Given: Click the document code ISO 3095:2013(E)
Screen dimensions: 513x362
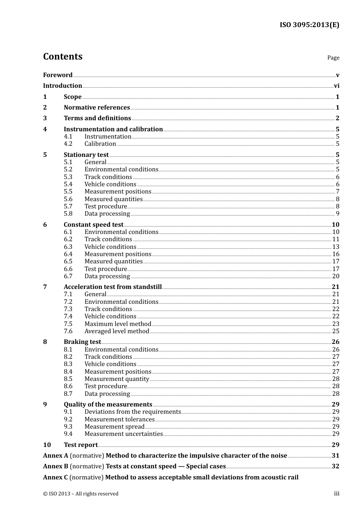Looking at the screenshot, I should coord(309,25).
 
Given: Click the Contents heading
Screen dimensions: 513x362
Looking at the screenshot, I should coord(62,56).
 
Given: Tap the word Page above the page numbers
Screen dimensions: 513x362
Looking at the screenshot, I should coord(333,58).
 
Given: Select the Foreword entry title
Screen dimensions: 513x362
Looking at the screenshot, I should coord(58,75).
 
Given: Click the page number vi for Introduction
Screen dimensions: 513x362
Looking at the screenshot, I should coord(336,86).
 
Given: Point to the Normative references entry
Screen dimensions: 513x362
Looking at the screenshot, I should coord(97,108).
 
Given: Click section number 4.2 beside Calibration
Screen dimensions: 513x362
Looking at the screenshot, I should coord(68,144).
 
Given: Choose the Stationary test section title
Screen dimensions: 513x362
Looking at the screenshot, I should coord(86,155).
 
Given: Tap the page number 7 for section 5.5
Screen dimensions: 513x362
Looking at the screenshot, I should coord(338,192).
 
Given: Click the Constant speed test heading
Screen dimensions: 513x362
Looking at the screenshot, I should coord(93,225).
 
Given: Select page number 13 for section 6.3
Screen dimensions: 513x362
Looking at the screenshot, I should coord(336,247).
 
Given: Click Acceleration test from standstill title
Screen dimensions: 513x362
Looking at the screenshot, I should coord(112,287).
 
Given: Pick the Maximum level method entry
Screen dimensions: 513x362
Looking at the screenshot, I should coord(118,324).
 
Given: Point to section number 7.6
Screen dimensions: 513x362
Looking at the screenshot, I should coord(68,331).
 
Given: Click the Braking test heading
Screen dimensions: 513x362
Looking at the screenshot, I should coord(82,342).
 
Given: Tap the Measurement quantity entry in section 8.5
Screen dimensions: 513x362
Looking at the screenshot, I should coord(117,379).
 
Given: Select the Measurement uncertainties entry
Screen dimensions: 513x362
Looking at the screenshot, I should coord(123,434).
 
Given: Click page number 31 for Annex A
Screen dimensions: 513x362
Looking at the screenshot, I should coord(335,456).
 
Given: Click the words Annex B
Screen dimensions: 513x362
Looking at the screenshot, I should coord(56,466).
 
